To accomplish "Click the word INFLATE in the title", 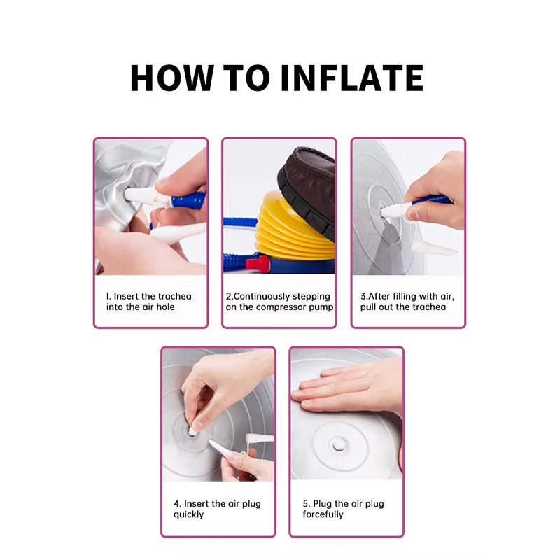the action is tap(352, 78).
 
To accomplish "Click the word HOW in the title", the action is tap(172, 78).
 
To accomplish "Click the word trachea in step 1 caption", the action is tap(174, 296).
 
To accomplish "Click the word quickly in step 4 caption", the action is tap(188, 514).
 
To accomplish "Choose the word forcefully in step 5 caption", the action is tap(323, 514).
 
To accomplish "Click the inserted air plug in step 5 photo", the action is tap(337, 445).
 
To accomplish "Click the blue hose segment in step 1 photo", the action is tap(189, 200).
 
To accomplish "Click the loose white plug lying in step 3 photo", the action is tap(434, 248).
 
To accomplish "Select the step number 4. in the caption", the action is tap(178, 504).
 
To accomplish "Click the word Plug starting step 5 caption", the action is tap(321, 504).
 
